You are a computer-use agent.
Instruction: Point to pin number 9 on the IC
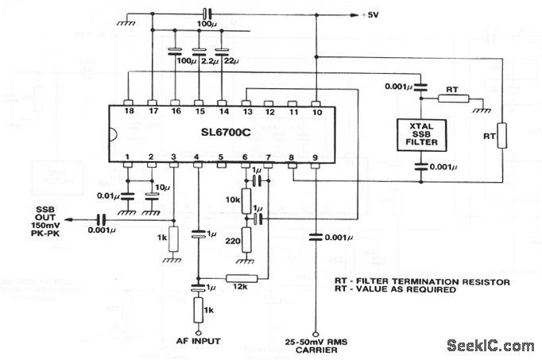pyautogui.click(x=315, y=157)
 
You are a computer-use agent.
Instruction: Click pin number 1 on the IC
pyautogui.click(x=126, y=157)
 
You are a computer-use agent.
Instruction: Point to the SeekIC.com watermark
pyautogui.click(x=490, y=345)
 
